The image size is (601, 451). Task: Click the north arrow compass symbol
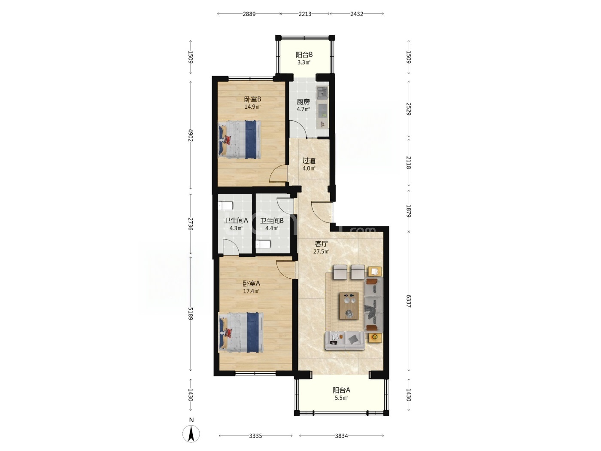tap(191, 433)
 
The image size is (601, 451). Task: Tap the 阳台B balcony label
tap(304, 55)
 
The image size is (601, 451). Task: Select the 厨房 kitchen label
tap(303, 102)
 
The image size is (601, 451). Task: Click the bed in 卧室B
tap(240, 139)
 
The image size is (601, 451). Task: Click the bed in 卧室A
tap(241, 332)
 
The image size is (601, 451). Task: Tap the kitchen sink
tap(322, 92)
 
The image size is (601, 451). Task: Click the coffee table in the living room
tap(349, 305)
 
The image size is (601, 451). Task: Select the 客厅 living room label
tap(321, 244)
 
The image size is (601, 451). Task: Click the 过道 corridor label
tap(309, 161)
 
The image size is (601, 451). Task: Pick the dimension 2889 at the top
tap(249, 14)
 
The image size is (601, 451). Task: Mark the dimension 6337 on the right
tap(409, 301)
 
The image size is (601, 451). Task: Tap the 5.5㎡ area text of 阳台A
tap(341, 398)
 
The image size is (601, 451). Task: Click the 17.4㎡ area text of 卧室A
tap(252, 291)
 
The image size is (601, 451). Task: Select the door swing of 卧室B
tap(278, 174)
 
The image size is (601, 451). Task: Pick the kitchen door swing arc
tap(298, 129)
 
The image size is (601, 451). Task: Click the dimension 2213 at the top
tap(305, 14)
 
